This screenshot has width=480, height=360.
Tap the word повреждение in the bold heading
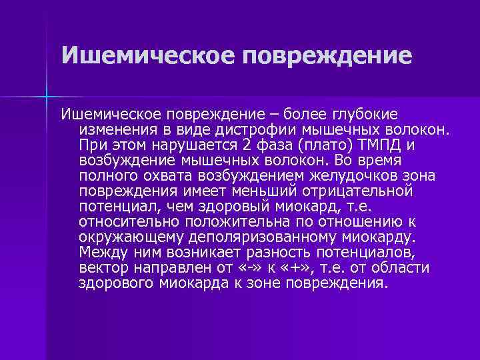point(327,55)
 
